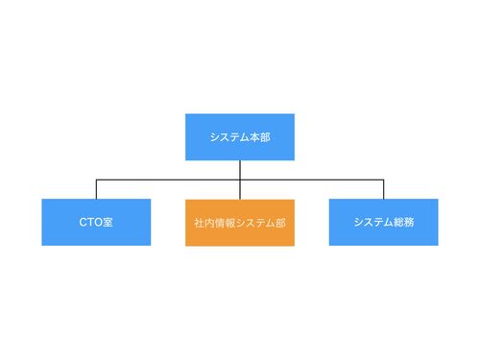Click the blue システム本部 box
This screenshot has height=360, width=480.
coord(240,137)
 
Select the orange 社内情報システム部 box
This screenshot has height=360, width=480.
coord(240,223)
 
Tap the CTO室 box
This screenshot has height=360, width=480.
coord(96,222)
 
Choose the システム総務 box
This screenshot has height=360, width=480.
coord(383,222)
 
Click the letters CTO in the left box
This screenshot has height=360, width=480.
coord(90,222)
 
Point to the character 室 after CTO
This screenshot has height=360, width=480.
coord(108,222)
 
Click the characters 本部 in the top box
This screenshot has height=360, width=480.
coord(260,137)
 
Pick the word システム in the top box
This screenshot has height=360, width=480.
coord(229,137)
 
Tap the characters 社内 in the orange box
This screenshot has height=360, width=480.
coord(204,223)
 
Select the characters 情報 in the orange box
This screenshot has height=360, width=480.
coord(225,223)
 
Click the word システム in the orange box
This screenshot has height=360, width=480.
coord(255,223)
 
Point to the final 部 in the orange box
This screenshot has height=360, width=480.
coord(280,223)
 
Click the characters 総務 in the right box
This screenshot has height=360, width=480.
coord(404,222)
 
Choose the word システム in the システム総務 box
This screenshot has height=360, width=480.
coord(373,222)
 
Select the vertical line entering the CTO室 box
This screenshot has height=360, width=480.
coord(96,189)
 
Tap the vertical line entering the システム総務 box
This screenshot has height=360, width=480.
coord(383,189)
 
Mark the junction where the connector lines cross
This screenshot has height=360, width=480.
coord(240,180)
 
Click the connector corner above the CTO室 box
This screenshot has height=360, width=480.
coord(96,180)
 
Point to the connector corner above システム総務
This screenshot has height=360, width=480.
coord(383,180)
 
